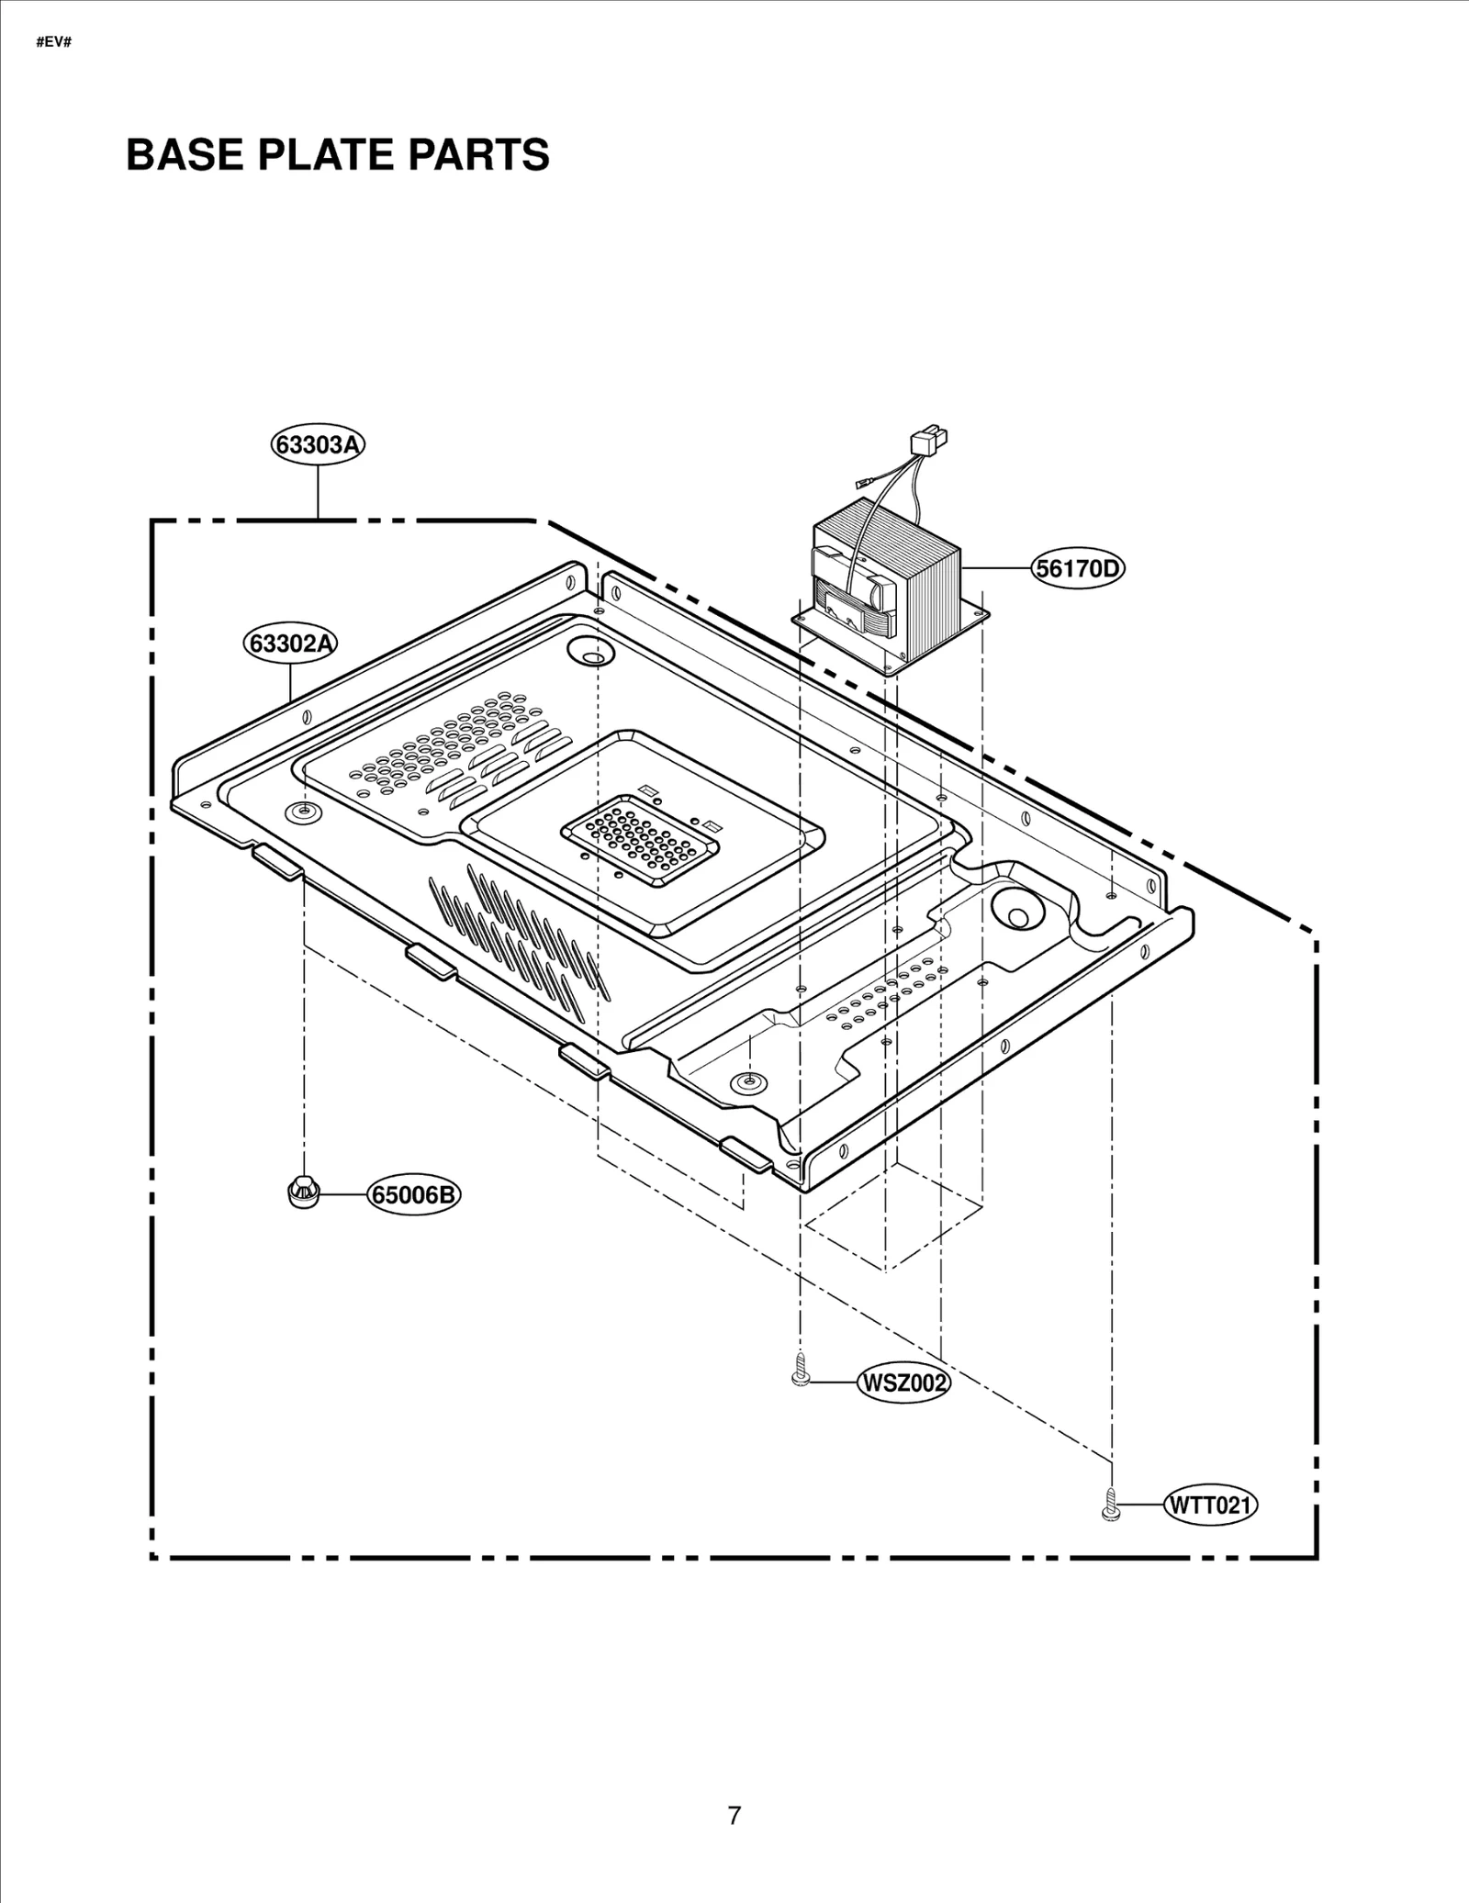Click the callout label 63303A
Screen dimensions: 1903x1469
pyautogui.click(x=318, y=444)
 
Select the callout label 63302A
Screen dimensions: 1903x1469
pyautogui.click(x=290, y=644)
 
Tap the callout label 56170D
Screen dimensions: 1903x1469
pyautogui.click(x=1078, y=569)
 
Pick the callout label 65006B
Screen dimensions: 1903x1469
pyautogui.click(x=414, y=1195)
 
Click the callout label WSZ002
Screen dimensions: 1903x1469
pyautogui.click(x=903, y=1408)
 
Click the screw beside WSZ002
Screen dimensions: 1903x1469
pyautogui.click(x=800, y=1396)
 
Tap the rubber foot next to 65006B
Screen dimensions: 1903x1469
pyautogui.click(x=302, y=1192)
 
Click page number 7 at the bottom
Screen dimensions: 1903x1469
pyautogui.click(x=734, y=1816)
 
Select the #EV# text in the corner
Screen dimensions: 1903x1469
pyautogui.click(x=53, y=43)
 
